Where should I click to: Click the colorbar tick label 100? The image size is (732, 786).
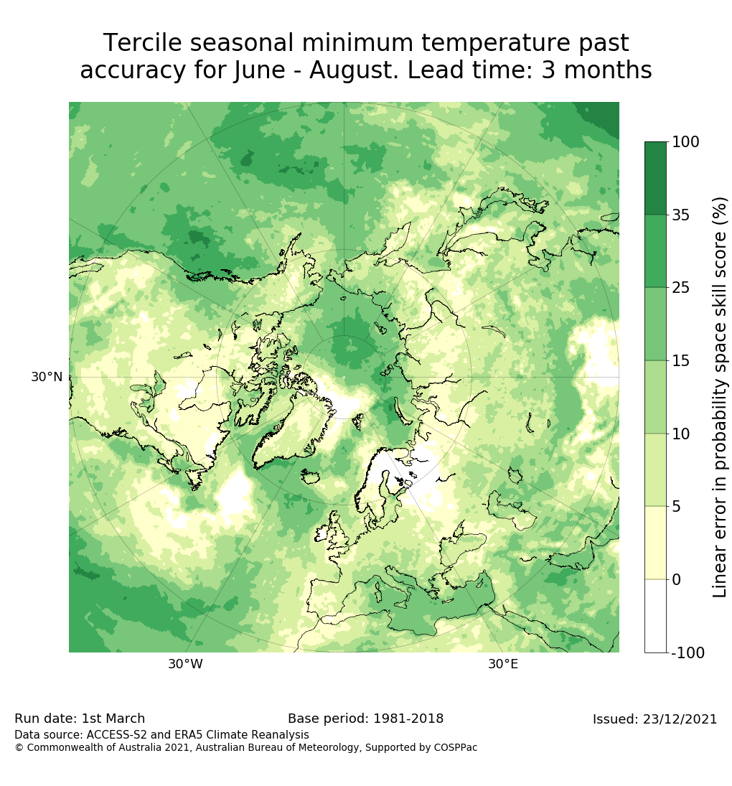[x=685, y=142]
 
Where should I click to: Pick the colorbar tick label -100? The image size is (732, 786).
[x=688, y=653]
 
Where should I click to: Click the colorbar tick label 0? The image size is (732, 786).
[x=676, y=579]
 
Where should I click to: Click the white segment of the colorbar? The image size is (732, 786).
[x=655, y=616]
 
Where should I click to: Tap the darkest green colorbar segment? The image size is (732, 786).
[x=655, y=178]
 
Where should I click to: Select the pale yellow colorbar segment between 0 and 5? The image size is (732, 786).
[x=655, y=543]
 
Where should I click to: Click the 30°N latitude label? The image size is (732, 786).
[x=47, y=377]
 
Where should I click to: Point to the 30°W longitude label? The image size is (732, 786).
[x=185, y=665]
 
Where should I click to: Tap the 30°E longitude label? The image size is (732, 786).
[x=503, y=665]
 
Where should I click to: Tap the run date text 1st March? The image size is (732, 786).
[x=113, y=719]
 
